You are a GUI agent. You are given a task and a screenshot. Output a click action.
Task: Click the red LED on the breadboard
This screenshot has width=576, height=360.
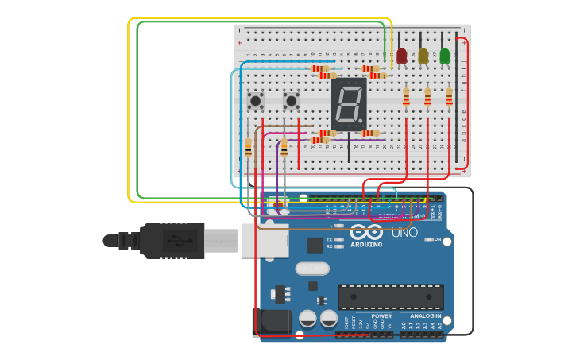pyautogui.click(x=402, y=56)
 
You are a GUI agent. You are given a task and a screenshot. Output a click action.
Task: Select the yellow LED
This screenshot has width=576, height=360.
pyautogui.click(x=423, y=56)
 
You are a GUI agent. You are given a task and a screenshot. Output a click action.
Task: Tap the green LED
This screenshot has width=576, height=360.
pyautogui.click(x=445, y=56)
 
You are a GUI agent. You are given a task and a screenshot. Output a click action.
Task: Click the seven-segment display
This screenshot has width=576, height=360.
pyautogui.click(x=349, y=103)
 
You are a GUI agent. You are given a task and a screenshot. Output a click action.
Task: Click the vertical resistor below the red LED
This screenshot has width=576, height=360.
pyautogui.click(x=406, y=97)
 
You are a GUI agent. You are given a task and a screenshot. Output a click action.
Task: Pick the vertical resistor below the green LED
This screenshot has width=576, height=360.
pyautogui.click(x=449, y=97)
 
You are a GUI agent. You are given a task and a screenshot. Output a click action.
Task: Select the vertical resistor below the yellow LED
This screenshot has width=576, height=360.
pyautogui.click(x=427, y=97)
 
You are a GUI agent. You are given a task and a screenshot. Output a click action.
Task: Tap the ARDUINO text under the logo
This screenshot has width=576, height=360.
pyautogui.click(x=365, y=244)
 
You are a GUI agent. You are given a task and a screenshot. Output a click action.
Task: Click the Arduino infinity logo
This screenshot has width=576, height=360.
pyautogui.click(x=366, y=233)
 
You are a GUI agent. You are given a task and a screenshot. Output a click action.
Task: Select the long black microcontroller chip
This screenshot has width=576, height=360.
pyautogui.click(x=391, y=296)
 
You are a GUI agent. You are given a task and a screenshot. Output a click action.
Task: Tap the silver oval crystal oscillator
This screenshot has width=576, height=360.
pyautogui.click(x=311, y=269)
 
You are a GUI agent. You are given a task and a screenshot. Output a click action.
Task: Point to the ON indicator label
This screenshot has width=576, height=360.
pyautogui.click(x=437, y=239)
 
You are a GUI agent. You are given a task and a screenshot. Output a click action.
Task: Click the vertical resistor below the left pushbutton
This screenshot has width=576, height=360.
pyautogui.click(x=248, y=147)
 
